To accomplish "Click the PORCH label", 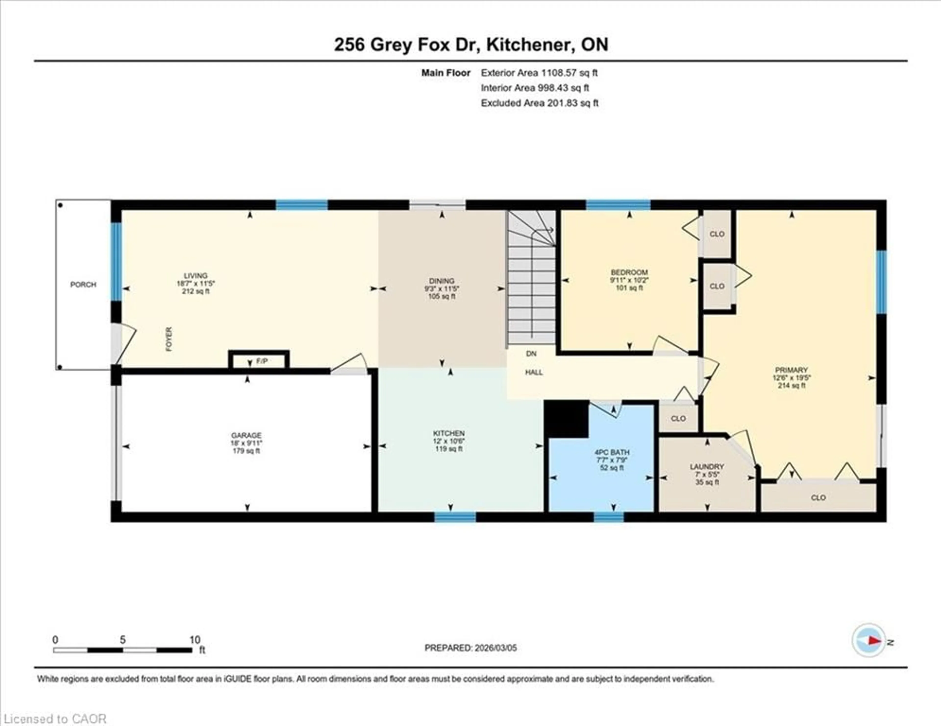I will pyautogui.click(x=83, y=285).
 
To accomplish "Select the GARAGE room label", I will pyautogui.click(x=246, y=435).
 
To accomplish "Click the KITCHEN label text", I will pyautogui.click(x=448, y=433).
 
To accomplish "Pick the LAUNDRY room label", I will pyautogui.click(x=707, y=466).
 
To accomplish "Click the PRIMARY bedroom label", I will pyautogui.click(x=791, y=370).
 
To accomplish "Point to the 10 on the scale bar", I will pyautogui.click(x=195, y=640).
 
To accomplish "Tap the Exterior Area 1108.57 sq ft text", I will pyautogui.click(x=539, y=73).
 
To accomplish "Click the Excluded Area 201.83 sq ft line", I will pyautogui.click(x=539, y=103).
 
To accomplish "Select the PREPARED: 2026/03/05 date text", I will pyautogui.click(x=470, y=648).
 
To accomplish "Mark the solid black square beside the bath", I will pyautogui.click(x=566, y=419).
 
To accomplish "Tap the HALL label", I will pyautogui.click(x=533, y=373).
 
